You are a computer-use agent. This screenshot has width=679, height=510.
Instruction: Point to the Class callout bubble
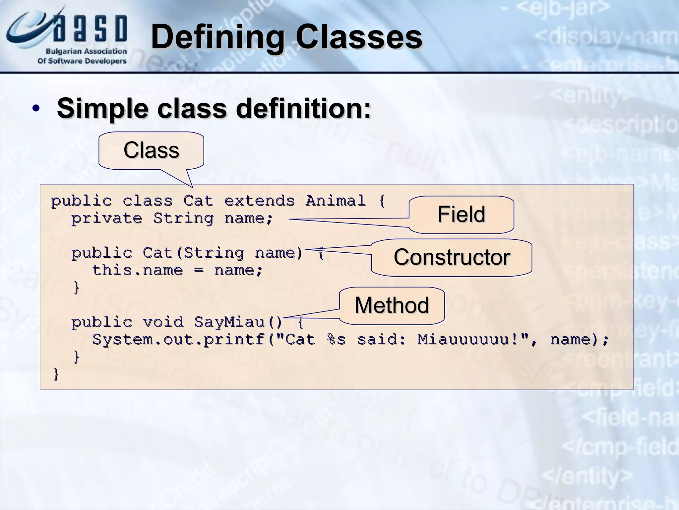coord(151,150)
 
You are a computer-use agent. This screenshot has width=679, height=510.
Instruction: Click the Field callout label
coord(461,214)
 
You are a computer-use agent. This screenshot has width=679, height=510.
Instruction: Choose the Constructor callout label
coord(452,257)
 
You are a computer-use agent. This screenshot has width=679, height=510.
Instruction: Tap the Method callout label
coord(392,305)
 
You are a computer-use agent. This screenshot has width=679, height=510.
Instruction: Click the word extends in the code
coord(259,201)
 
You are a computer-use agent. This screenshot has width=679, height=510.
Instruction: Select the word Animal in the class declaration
coord(335,201)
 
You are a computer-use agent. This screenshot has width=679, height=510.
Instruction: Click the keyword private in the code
coord(107,218)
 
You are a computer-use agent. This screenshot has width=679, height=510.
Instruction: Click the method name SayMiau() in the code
coord(238,322)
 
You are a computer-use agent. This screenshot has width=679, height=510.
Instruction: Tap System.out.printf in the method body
coord(178,339)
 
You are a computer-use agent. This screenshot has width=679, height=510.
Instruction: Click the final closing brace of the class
coord(56,374)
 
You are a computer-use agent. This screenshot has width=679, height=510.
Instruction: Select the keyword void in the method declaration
coord(163,322)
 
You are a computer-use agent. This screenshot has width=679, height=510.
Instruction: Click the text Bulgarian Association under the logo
coord(86,51)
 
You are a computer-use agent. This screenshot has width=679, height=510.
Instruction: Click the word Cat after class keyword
coord(198,201)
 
